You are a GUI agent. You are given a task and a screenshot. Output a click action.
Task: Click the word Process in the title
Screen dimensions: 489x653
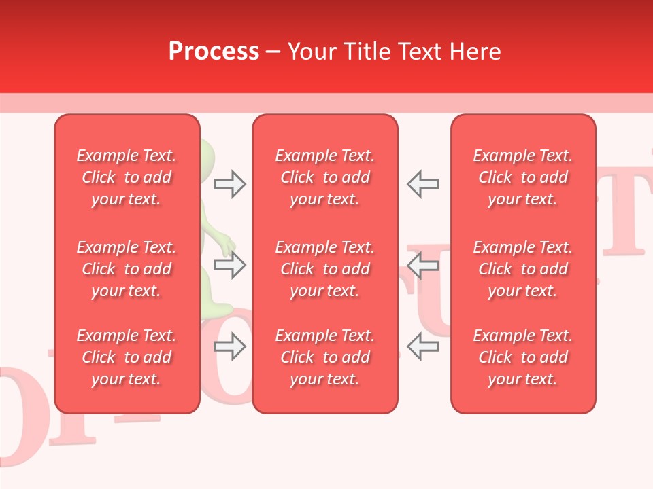click(x=214, y=52)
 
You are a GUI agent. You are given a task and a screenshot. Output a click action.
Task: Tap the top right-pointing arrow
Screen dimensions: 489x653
click(x=230, y=183)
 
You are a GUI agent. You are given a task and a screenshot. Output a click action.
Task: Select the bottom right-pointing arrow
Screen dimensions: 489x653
click(x=230, y=346)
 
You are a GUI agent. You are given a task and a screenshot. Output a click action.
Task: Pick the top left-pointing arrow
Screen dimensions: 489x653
click(x=422, y=183)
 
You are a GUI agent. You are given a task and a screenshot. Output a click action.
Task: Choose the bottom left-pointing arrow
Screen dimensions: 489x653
click(x=422, y=346)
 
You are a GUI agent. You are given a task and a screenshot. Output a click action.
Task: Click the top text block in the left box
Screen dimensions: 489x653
click(x=127, y=177)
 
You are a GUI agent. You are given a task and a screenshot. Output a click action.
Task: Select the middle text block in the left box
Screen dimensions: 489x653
click(x=127, y=269)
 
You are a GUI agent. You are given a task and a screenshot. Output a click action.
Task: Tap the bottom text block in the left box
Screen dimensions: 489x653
click(x=127, y=357)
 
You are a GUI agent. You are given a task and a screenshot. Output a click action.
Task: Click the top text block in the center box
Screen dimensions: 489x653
click(x=325, y=177)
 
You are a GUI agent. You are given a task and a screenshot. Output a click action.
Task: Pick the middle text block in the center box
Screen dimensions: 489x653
click(x=325, y=269)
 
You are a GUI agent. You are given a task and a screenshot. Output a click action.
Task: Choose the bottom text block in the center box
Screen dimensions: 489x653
click(x=325, y=357)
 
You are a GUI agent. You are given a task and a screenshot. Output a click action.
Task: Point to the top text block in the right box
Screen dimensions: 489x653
click(x=523, y=177)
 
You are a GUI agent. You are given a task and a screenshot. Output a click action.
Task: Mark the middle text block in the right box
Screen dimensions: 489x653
click(x=523, y=269)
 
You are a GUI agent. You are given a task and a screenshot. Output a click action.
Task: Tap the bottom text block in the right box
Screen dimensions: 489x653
click(x=523, y=357)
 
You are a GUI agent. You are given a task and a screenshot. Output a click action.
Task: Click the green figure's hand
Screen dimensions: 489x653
click(x=229, y=245)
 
